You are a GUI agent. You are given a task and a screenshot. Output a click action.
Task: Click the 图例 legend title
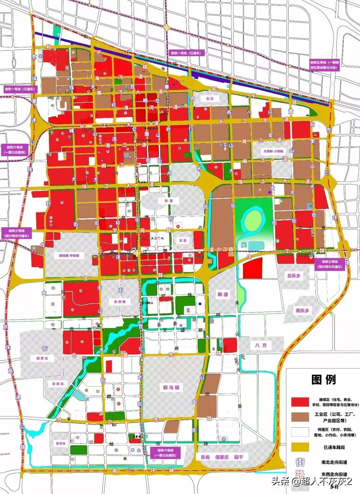[323, 379]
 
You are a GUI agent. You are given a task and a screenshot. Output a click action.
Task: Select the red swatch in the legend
[300, 402]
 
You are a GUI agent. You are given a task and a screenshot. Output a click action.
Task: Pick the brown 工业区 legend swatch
[300, 417]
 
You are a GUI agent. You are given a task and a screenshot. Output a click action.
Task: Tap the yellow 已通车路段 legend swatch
[300, 447]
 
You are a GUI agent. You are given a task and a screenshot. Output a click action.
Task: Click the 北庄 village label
[210, 99]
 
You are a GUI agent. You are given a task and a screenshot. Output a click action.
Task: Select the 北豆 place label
[183, 240]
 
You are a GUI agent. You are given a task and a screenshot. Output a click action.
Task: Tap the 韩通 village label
[223, 295]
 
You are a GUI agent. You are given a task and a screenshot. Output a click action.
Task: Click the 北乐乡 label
[294, 276]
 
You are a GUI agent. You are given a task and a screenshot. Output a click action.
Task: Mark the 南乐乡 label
[302, 310]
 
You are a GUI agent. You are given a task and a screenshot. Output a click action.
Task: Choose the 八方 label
[261, 345]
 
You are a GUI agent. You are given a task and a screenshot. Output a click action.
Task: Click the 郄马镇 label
[171, 387]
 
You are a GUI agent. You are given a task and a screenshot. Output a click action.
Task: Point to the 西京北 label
[42, 358]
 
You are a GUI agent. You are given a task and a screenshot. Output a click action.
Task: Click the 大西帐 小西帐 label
[273, 151]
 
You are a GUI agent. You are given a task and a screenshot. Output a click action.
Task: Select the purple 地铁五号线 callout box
[323, 65]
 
